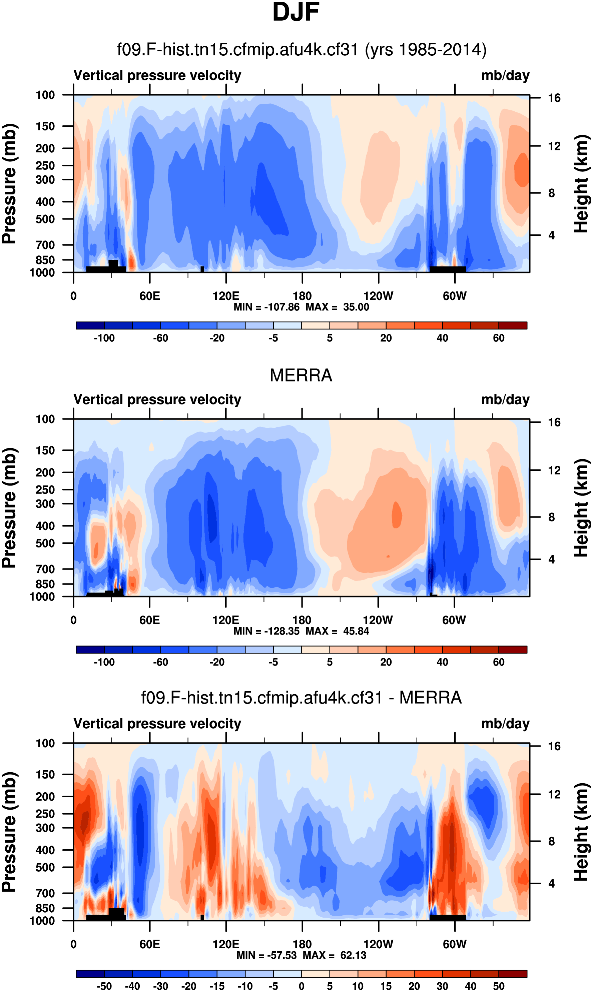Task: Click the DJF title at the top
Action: (x=296, y=12)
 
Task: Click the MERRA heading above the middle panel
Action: (x=301, y=375)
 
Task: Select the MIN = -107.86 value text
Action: (x=266, y=307)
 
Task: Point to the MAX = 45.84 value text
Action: (x=337, y=631)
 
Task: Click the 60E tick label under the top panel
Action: (x=150, y=296)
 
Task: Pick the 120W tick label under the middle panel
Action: (x=378, y=620)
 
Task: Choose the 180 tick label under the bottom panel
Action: (x=302, y=944)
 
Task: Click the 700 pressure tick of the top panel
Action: (x=45, y=245)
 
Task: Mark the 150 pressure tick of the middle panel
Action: (x=45, y=450)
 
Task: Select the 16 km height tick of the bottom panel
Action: (x=554, y=746)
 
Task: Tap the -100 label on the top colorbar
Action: (x=104, y=338)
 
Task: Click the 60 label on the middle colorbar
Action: (x=499, y=662)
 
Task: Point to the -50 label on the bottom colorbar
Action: (x=104, y=986)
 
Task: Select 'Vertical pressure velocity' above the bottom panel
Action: (x=157, y=724)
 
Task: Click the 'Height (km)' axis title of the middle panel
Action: (x=581, y=508)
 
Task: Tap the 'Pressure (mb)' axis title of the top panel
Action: (x=9, y=184)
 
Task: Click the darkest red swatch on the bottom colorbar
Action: (x=513, y=974)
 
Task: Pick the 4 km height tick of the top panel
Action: (x=551, y=235)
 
